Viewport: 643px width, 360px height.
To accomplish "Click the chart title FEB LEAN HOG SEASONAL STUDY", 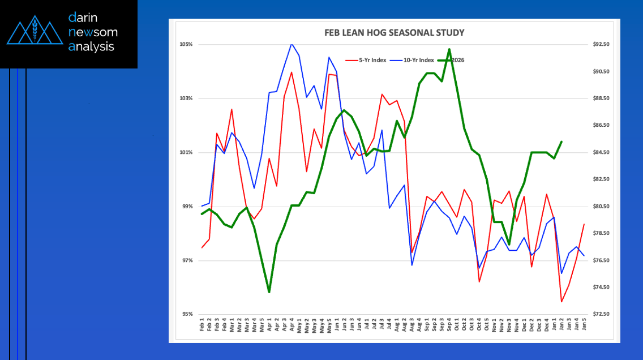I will click(x=394, y=33).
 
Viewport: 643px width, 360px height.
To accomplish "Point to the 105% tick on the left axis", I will click(x=186, y=45).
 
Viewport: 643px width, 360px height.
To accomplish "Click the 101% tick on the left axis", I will click(x=186, y=153).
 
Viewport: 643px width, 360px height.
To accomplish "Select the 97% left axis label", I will click(x=187, y=261).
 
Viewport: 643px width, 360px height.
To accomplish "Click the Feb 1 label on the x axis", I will click(x=202, y=325).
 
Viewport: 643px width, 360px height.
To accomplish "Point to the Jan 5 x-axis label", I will click(x=584, y=325).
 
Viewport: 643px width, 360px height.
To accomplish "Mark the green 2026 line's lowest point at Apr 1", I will click(x=269, y=292).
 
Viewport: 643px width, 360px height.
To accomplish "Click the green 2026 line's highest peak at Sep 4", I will click(x=449, y=49).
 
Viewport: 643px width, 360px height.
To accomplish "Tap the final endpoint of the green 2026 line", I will click(x=561, y=142).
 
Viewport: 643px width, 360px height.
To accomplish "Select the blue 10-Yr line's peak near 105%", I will click(x=292, y=44).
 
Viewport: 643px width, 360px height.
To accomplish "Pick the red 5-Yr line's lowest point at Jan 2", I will click(x=561, y=301).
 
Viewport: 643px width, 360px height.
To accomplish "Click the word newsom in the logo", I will click(x=93, y=32).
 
